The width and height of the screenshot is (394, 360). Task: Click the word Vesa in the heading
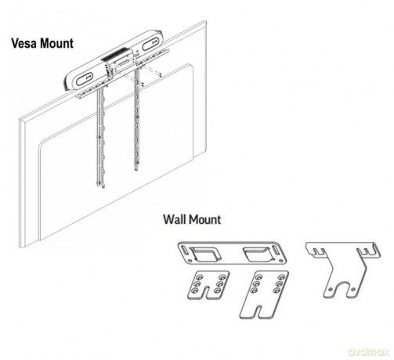point(23,43)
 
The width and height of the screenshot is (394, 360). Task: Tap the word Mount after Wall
point(205,219)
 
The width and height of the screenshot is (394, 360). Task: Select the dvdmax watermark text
point(368,351)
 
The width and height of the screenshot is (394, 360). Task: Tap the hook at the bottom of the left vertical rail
point(102,185)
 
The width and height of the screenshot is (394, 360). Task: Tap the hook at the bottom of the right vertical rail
point(136,167)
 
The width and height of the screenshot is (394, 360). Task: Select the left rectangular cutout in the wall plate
point(205,254)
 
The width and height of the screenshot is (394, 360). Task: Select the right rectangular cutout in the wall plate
point(257,254)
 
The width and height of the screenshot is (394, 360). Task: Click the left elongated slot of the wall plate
point(184,249)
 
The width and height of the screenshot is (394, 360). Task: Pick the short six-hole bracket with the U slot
point(208,285)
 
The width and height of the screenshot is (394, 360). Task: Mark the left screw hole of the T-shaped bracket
point(331,289)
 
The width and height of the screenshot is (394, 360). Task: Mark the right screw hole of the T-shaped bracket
point(353,289)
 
